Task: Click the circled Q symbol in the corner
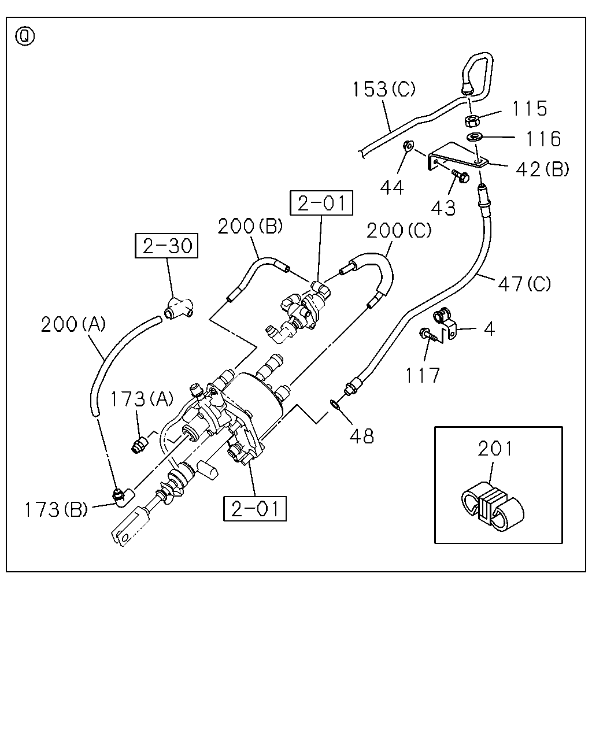click(25, 37)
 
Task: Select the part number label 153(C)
click(384, 89)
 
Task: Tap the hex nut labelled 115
click(471, 121)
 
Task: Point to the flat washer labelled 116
click(475, 137)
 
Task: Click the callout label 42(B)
click(542, 169)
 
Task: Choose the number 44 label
click(392, 188)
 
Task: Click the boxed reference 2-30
click(166, 246)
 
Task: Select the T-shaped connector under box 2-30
click(179, 308)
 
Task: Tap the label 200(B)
click(250, 226)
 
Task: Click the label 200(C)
click(399, 231)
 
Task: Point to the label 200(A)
click(73, 324)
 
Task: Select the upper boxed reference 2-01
click(321, 203)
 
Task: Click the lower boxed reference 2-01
click(255, 509)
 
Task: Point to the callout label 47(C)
click(524, 284)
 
